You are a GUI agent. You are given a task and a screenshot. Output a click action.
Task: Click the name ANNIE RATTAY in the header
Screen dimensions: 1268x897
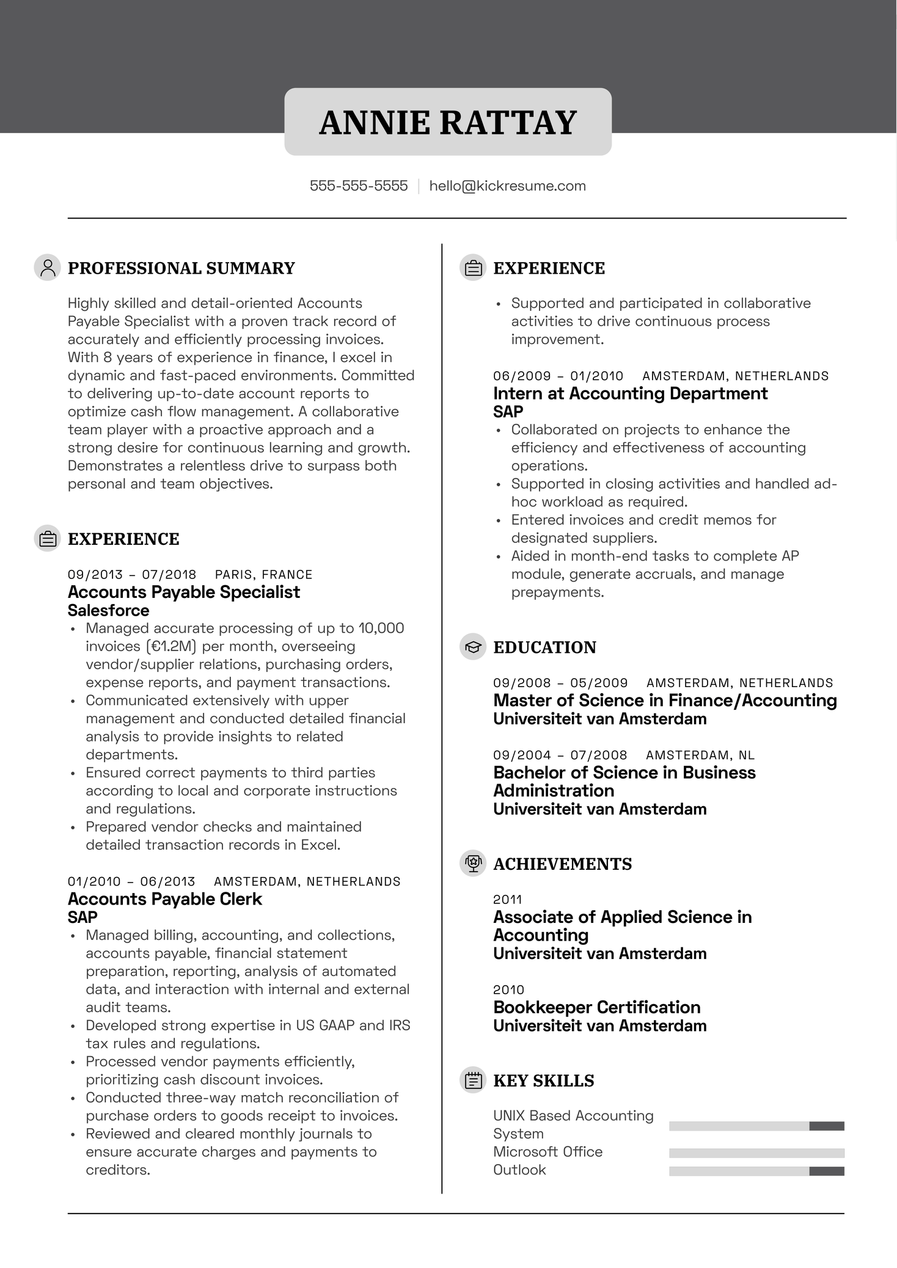coord(448,122)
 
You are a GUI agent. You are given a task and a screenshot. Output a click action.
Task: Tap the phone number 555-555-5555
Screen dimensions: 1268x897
coord(359,186)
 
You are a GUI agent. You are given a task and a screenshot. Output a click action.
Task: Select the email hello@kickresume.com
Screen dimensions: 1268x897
coord(507,186)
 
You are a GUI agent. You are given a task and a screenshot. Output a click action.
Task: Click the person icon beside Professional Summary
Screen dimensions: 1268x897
coord(47,268)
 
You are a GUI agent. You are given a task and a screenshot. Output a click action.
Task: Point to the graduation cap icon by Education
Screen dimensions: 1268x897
coord(473,647)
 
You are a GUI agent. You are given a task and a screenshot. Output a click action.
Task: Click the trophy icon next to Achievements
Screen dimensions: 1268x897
coord(473,863)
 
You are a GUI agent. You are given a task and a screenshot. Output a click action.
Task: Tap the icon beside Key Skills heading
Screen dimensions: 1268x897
coord(473,1080)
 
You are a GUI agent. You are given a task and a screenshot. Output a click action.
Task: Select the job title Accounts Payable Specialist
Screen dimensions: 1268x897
coord(184,592)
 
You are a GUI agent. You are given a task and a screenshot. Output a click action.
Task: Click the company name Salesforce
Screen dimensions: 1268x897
coord(108,610)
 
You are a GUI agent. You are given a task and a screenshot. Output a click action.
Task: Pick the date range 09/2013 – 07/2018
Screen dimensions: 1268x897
coord(132,574)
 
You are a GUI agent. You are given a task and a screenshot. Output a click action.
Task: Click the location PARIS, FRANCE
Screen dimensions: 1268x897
coord(263,574)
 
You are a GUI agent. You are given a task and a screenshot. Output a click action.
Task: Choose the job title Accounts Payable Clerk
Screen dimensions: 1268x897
coord(164,898)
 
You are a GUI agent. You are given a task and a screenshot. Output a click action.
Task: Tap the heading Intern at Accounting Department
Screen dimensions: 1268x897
coord(630,393)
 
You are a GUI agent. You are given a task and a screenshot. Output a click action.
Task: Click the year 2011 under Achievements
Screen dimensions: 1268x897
coord(508,899)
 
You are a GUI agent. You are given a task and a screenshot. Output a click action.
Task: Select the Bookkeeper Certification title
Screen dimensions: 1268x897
coord(596,1007)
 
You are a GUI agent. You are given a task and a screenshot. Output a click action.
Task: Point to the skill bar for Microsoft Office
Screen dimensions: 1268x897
coord(756,1153)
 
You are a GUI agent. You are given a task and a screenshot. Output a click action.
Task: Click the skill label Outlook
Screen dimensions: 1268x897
coord(519,1170)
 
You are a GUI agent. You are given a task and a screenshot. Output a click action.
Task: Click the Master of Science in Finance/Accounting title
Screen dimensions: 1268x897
coord(665,700)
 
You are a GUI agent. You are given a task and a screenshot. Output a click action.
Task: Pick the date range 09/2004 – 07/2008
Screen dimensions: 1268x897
coord(560,755)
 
